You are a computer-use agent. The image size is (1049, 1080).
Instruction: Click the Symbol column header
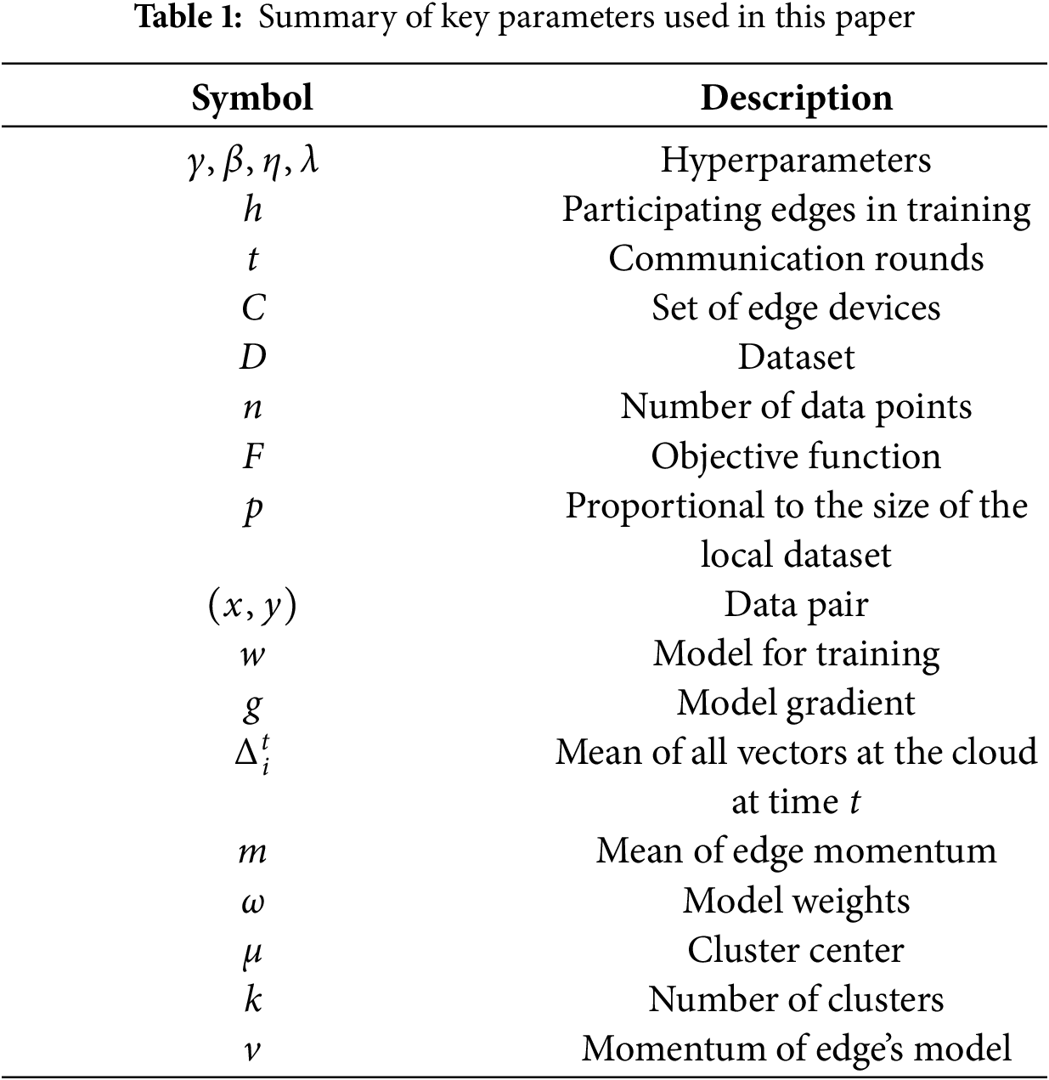click(x=252, y=98)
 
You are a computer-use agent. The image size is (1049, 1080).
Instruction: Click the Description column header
click(x=796, y=98)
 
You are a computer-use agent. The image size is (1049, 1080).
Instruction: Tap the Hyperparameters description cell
click(x=796, y=160)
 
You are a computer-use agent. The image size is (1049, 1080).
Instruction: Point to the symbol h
click(x=252, y=209)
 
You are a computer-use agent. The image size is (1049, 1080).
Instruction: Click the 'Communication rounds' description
click(x=796, y=258)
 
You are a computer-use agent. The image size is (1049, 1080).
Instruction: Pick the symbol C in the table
click(x=253, y=308)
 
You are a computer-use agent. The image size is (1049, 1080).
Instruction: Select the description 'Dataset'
click(x=796, y=357)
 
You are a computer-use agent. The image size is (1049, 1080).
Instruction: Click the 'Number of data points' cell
click(x=796, y=406)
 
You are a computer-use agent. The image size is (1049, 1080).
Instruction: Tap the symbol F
click(x=253, y=456)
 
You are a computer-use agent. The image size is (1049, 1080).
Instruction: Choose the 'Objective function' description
click(x=796, y=456)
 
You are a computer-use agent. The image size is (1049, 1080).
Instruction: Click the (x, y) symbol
click(x=252, y=605)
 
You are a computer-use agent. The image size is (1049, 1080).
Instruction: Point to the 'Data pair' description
click(x=796, y=605)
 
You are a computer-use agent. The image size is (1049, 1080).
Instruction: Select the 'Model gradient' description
click(x=796, y=704)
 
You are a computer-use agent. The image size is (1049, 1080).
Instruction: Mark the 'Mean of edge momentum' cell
click(x=796, y=851)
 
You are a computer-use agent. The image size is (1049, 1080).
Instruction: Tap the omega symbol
click(x=253, y=902)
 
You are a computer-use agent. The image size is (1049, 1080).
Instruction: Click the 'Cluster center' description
click(x=796, y=950)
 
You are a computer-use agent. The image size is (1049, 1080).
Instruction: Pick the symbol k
click(x=253, y=999)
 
